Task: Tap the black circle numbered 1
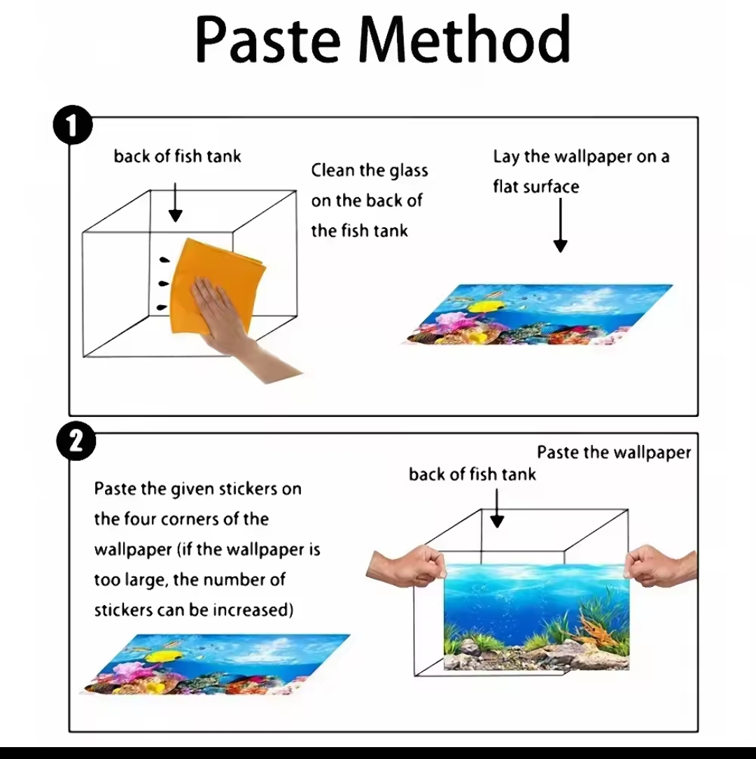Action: [73, 125]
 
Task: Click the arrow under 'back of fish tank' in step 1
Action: [175, 202]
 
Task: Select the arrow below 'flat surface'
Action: [560, 225]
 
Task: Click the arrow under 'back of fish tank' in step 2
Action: [497, 509]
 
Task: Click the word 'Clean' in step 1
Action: [332, 170]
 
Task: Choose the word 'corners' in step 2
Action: [190, 519]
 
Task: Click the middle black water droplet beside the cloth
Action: [164, 283]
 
